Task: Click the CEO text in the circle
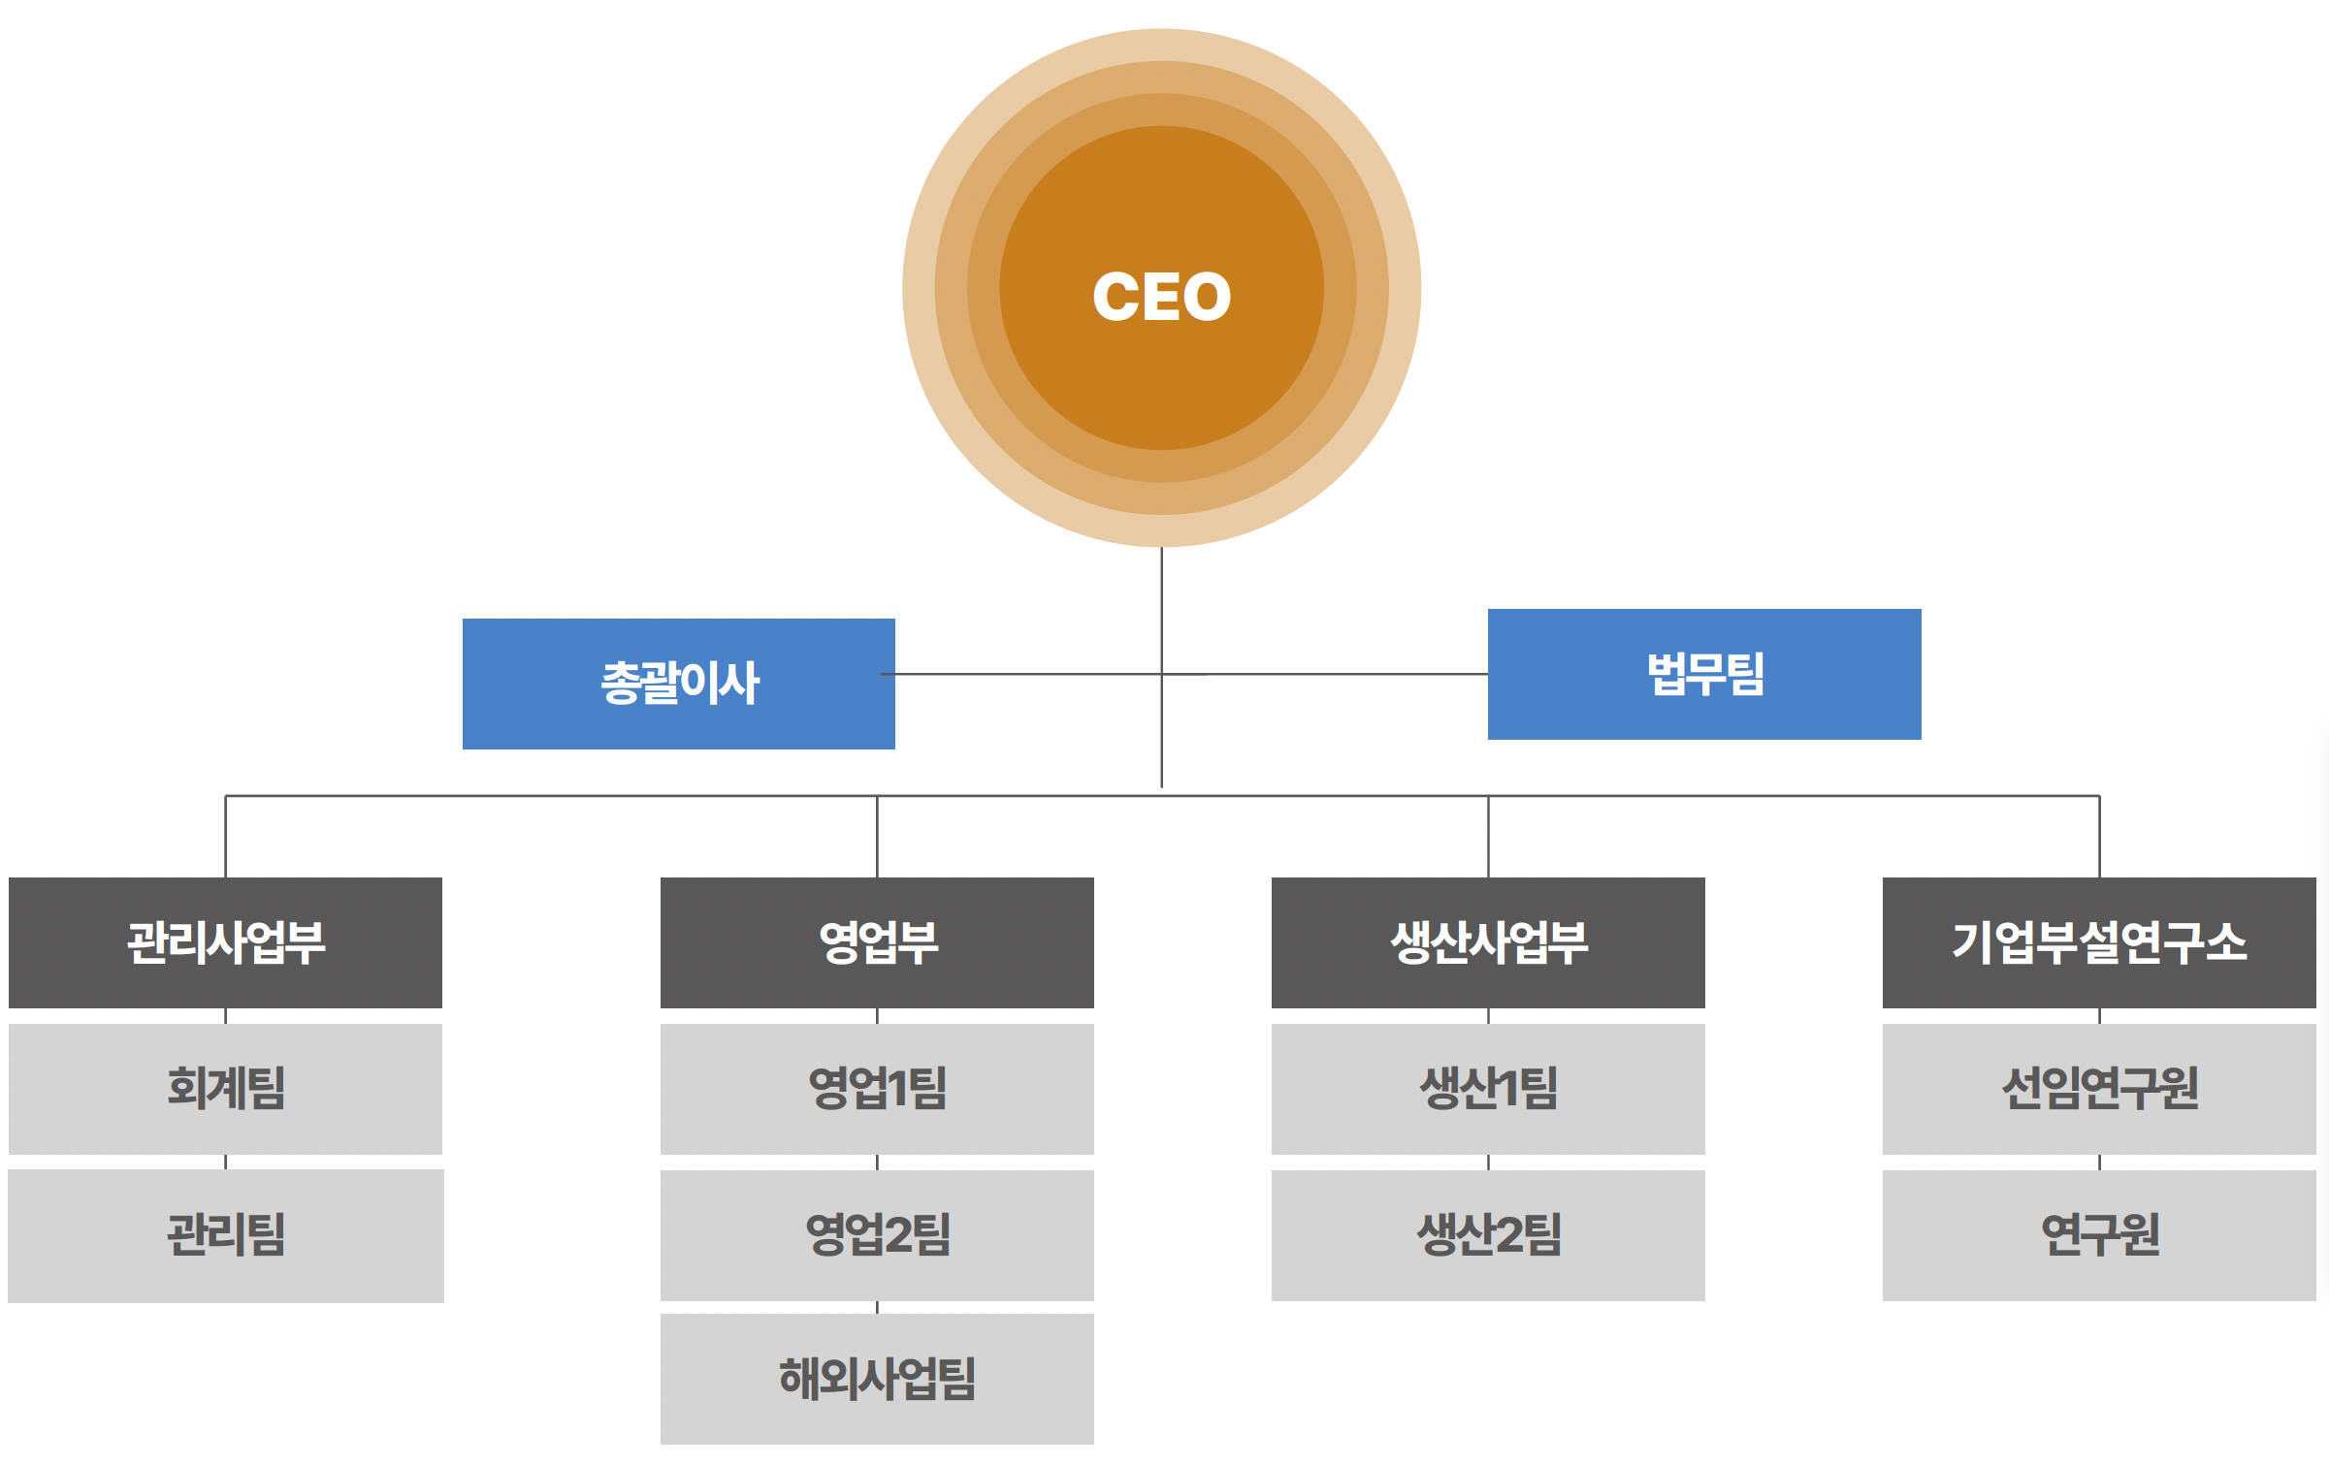pos(1161,296)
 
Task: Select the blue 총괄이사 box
pos(679,684)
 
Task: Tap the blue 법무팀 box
pos(1704,674)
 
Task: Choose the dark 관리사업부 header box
pos(225,942)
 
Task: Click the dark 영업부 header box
pos(877,942)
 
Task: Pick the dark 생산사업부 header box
pos(1488,942)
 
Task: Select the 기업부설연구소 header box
pos(2099,942)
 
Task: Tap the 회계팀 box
pos(225,1089)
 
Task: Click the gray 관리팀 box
pos(226,1236)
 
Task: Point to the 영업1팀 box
pos(877,1089)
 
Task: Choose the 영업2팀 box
pos(877,1235)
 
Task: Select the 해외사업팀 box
pos(877,1379)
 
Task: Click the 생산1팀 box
pos(1488,1089)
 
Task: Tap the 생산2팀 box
pos(1488,1235)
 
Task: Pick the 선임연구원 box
pos(2099,1089)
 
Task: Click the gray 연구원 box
pos(2099,1235)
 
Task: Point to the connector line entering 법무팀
pos(1325,674)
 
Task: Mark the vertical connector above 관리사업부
pos(226,837)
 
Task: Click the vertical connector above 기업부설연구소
pos(2099,837)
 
